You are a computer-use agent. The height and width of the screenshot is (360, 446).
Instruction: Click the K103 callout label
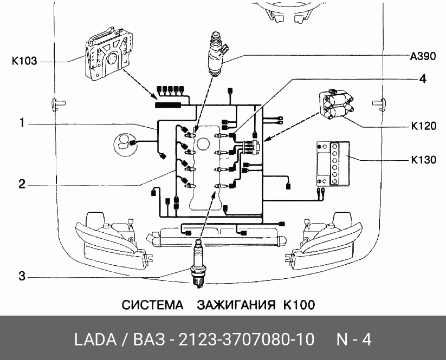[24, 61]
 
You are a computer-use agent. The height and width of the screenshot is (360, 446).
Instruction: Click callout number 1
[22, 123]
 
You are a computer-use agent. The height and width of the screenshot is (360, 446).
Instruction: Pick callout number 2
[22, 184]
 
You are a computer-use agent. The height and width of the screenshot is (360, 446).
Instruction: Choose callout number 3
[22, 277]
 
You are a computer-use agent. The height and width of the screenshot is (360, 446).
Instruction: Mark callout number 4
[422, 78]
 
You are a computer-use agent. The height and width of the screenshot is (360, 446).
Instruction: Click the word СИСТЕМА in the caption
[152, 305]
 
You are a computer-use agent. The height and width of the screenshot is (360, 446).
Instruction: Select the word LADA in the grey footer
[94, 339]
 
